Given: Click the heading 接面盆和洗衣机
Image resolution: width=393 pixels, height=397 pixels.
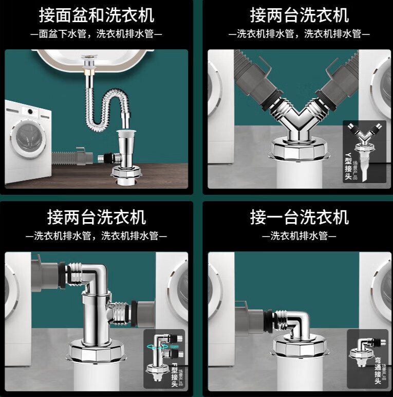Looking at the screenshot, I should coord(97,15).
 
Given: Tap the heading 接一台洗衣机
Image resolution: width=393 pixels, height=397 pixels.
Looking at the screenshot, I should coord(299,216).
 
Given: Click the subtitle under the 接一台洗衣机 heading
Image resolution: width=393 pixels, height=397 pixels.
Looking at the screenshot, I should coord(299,237).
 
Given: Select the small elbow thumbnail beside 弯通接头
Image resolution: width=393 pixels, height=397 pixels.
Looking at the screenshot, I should coord(364,350).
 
